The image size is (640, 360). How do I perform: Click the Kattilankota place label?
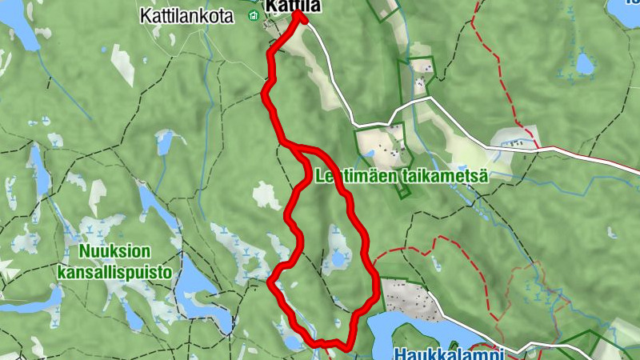pyautogui.click(x=186, y=16)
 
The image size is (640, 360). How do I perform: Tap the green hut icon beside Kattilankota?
pyautogui.click(x=254, y=16)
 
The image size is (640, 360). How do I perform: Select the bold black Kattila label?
pyautogui.click(x=294, y=6)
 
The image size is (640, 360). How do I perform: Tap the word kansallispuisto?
pyautogui.click(x=115, y=272)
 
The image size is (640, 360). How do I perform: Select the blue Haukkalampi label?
pyautogui.click(x=449, y=353)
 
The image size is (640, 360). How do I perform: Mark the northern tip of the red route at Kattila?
pyautogui.click(x=299, y=13)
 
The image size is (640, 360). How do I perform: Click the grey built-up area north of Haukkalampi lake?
pyautogui.click(x=408, y=296)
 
